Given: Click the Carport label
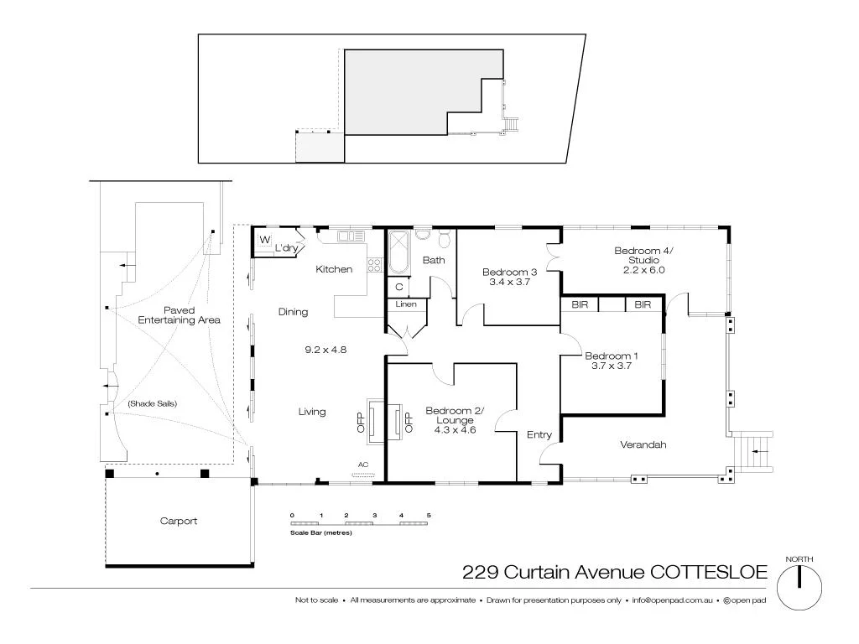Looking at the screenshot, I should [x=179, y=521].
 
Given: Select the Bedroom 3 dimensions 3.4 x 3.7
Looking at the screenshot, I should [x=509, y=283].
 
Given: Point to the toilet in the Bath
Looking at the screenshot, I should [x=445, y=239].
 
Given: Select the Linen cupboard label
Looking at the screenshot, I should [x=406, y=304].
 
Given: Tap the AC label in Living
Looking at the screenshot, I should [x=363, y=465].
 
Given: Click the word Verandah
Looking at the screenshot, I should [x=643, y=444].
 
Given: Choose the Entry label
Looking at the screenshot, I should [x=539, y=434].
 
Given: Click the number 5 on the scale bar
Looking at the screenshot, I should [x=429, y=514].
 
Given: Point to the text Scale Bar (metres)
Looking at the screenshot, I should [x=320, y=532].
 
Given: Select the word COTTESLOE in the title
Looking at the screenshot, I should [x=707, y=572].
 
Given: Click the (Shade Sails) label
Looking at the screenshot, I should [x=152, y=403].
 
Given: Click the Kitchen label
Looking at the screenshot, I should [x=334, y=269].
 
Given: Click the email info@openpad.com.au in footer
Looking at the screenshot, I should [x=672, y=600].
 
